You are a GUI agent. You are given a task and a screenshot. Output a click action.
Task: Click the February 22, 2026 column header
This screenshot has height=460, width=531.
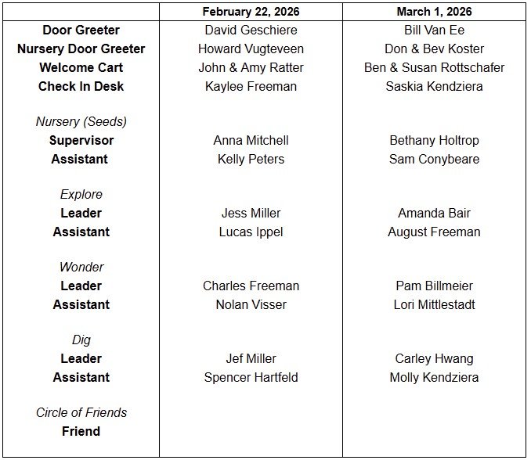(x=251, y=12)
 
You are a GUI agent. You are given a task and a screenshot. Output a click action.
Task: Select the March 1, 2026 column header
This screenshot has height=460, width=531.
(x=434, y=12)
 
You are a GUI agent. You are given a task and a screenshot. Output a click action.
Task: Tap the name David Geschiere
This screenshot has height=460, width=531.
(x=251, y=31)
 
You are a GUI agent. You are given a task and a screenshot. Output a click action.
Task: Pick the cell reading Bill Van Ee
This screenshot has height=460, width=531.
(x=434, y=31)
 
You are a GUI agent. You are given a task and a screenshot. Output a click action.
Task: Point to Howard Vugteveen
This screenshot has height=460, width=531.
(x=251, y=49)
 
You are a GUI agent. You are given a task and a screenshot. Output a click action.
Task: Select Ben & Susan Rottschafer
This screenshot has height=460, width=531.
(x=434, y=68)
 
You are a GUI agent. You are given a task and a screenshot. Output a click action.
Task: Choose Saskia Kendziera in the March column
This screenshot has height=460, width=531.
(x=434, y=87)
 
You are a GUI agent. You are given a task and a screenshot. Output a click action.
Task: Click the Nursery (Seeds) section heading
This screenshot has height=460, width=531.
(x=81, y=122)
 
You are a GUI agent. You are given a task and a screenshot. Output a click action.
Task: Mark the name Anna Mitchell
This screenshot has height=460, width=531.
(x=251, y=141)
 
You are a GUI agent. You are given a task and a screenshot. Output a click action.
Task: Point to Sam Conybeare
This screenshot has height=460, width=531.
(x=434, y=160)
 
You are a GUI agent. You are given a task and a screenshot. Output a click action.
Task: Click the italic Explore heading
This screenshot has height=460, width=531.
(x=81, y=195)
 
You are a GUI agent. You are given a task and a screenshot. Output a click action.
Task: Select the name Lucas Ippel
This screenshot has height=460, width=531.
(x=251, y=232)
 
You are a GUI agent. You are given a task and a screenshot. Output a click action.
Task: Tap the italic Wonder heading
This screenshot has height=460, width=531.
(x=81, y=268)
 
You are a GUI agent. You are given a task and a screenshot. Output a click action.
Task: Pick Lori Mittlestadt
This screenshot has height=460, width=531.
(x=434, y=305)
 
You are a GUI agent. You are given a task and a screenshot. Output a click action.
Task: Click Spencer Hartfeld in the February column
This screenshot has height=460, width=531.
(x=251, y=378)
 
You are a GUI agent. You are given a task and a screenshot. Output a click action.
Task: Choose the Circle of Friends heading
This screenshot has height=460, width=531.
(x=81, y=413)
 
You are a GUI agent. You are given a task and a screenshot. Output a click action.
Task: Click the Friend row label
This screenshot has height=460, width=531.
(x=81, y=432)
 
